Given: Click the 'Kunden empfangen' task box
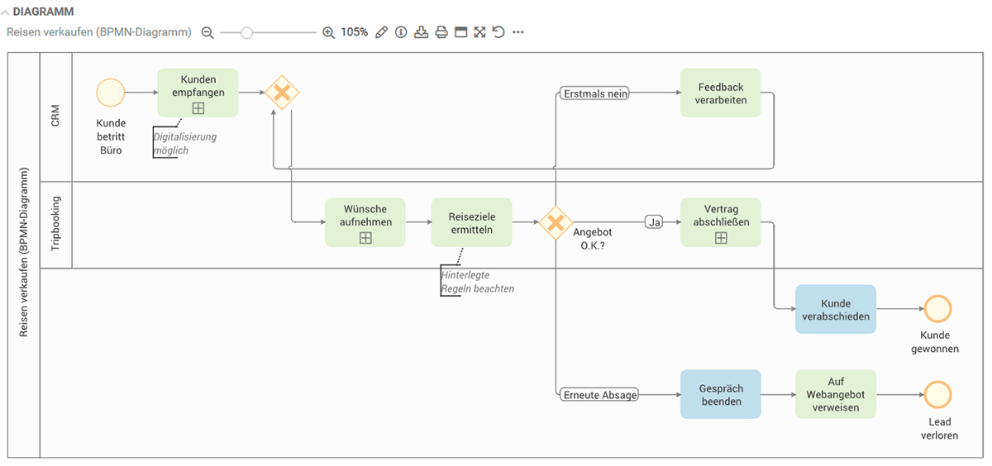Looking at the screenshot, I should pyautogui.click(x=198, y=93).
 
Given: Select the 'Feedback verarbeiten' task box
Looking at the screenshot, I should pyautogui.click(x=720, y=93).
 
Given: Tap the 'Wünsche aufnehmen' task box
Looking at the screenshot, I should pyautogui.click(x=365, y=221).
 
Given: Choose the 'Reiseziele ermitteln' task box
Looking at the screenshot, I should pyautogui.click(x=471, y=221).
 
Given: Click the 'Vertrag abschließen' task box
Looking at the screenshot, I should pyautogui.click(x=720, y=221).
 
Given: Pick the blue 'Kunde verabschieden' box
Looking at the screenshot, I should pyautogui.click(x=835, y=309).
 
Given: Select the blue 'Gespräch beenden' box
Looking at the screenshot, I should pyautogui.click(x=720, y=394).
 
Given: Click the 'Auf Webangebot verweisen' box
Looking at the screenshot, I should pyautogui.click(x=835, y=394).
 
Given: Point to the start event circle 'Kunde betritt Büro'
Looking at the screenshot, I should pyautogui.click(x=110, y=93).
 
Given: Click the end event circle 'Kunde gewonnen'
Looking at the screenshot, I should pyautogui.click(x=937, y=309).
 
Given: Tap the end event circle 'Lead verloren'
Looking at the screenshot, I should pyautogui.click(x=937, y=394).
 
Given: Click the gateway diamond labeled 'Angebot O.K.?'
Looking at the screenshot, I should pyautogui.click(x=556, y=222).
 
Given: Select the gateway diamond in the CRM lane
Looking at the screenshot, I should pyautogui.click(x=282, y=93).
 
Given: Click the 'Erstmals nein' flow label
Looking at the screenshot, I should pyautogui.click(x=594, y=93).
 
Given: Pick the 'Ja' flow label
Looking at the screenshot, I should pyautogui.click(x=654, y=222).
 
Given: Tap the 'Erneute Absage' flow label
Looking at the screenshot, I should pyautogui.click(x=599, y=395).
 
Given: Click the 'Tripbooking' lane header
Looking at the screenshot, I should pyautogui.click(x=56, y=224).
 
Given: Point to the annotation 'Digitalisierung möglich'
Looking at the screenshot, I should pyautogui.click(x=184, y=143).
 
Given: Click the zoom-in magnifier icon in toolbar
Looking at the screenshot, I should pyautogui.click(x=328, y=32).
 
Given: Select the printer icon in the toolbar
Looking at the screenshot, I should pyautogui.click(x=441, y=32).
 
